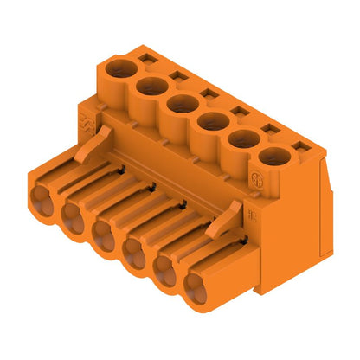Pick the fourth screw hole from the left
click(213, 120)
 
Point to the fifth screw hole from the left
click(244, 139)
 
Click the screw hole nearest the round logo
click(275, 157)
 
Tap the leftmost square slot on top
click(147, 59)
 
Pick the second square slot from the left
click(180, 76)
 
